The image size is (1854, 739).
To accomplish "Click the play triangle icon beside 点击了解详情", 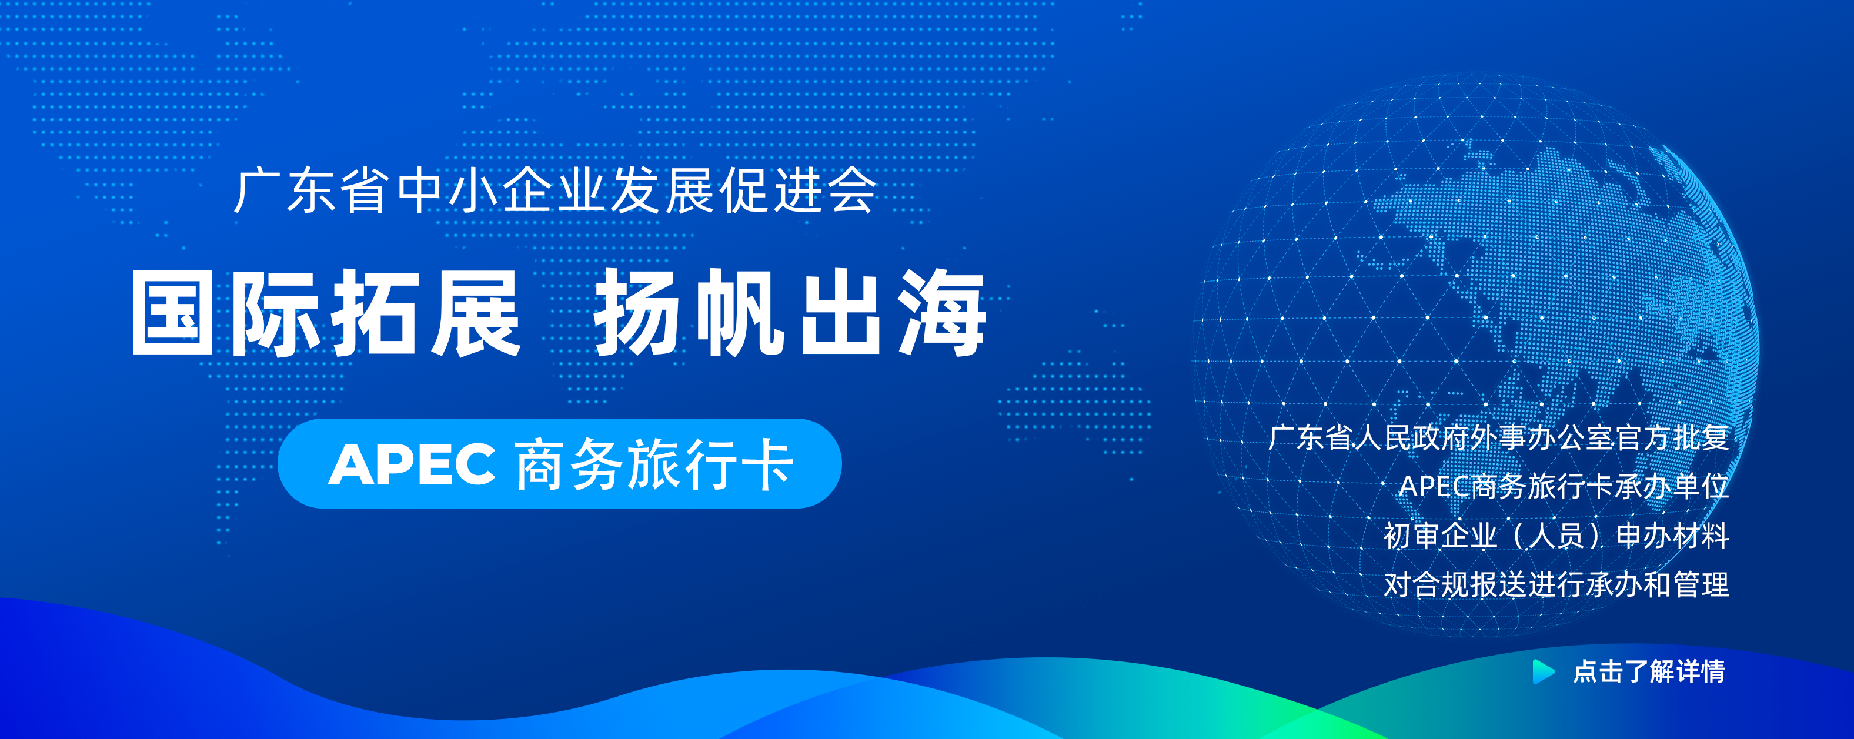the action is click(x=1543, y=671).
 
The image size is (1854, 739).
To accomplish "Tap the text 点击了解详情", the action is click(x=1649, y=671).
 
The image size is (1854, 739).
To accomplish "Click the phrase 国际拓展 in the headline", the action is click(x=325, y=312).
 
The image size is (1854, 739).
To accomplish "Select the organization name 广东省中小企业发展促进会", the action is click(x=555, y=190).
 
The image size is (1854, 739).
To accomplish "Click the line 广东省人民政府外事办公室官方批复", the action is click(x=1498, y=437).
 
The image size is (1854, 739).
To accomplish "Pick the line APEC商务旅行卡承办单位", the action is click(x=1564, y=486).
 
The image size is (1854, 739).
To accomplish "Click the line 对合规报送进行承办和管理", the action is click(x=1556, y=584).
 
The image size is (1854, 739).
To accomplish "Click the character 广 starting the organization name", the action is click(x=258, y=190).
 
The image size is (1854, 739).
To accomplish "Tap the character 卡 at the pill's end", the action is click(x=768, y=464).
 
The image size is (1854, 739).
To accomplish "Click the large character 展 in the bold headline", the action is click(x=476, y=312).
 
